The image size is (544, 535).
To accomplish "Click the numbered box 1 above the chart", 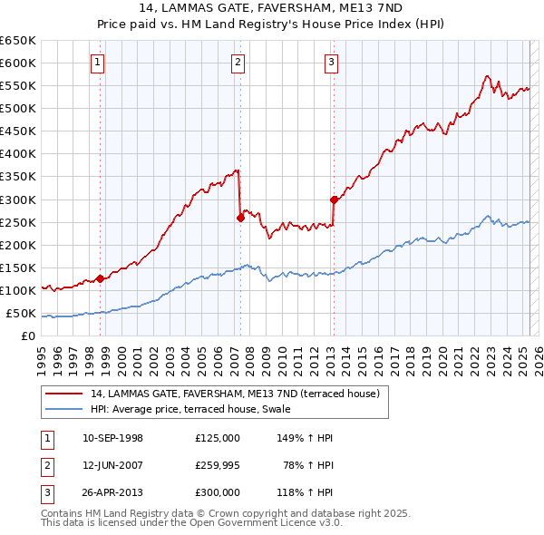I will pos(98,63).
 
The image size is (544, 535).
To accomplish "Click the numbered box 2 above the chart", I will pos(238,63).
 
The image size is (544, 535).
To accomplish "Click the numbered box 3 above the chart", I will pos(332,63).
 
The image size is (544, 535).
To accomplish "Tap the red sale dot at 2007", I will pos(240,218).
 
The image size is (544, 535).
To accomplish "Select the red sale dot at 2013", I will pos(334,199).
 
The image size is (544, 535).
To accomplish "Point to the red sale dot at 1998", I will pos(101,278).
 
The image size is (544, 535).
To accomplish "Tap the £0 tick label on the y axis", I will pos(27,336).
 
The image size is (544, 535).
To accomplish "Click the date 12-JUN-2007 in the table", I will pos(112,465).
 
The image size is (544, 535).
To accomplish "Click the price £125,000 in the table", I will pos(217,438).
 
